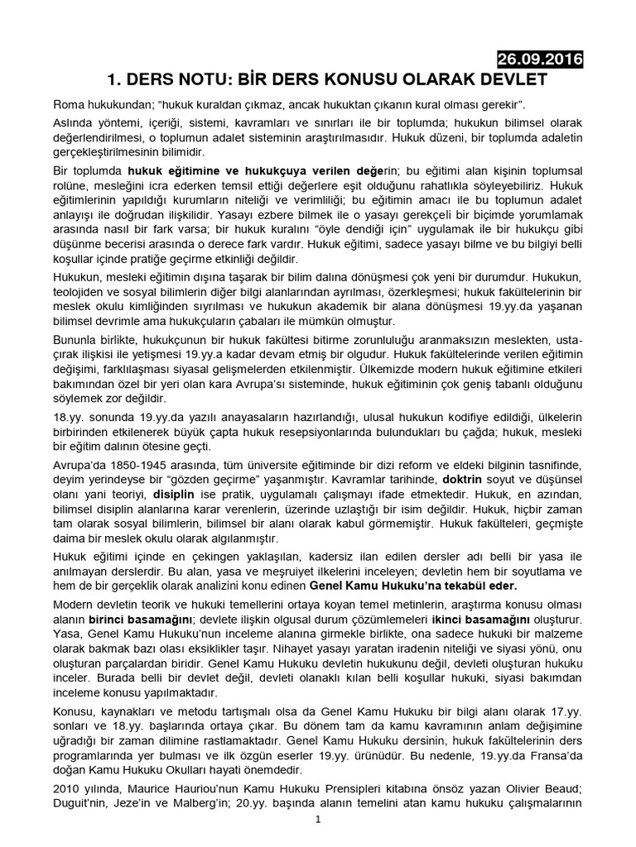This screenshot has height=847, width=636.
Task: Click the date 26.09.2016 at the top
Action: point(539,60)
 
